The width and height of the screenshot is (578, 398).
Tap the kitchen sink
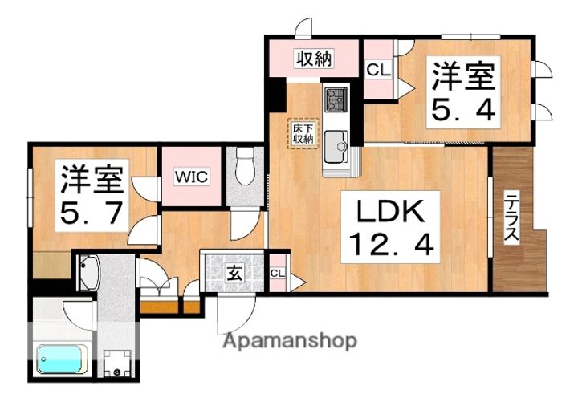point(336,144)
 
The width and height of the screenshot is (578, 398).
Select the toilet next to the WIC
point(246,169)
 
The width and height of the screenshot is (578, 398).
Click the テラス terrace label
point(511,218)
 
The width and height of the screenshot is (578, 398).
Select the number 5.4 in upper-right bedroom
point(462,108)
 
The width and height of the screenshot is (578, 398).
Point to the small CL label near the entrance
point(278,274)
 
